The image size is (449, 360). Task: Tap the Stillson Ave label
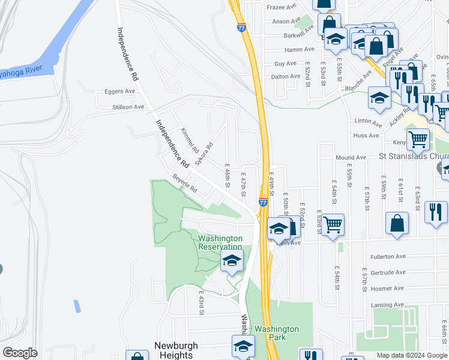click(x=128, y=107)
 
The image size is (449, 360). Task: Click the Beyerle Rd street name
click(x=184, y=184)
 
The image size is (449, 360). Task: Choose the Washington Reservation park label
click(x=220, y=242)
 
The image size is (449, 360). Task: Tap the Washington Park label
click(x=276, y=333)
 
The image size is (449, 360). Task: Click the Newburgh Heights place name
click(x=176, y=350)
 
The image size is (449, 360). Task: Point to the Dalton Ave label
click(x=285, y=76)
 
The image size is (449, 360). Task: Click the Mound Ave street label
click(x=351, y=157)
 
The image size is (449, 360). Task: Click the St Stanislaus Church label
click(x=414, y=157)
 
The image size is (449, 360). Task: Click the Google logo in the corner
click(x=20, y=353)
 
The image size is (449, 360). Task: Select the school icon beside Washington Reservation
click(x=232, y=261)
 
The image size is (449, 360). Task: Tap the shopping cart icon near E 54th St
click(x=333, y=225)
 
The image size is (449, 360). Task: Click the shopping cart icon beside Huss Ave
click(x=418, y=140)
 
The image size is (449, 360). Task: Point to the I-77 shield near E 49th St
click(x=263, y=203)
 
